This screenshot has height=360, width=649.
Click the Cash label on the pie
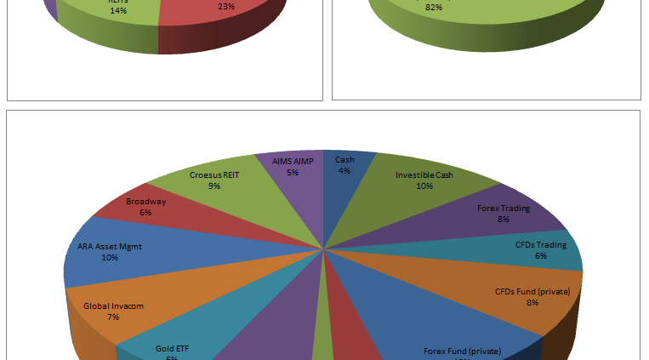344,159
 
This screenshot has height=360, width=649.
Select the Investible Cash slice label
424,175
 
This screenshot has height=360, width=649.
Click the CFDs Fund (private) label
533,291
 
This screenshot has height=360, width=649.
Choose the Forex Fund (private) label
463,351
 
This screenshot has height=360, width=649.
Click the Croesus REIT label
214,174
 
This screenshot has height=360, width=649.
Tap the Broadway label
145,202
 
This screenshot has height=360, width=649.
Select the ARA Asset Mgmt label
110,247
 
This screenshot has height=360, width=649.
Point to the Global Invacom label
113,305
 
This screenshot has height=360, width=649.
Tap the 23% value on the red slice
226,6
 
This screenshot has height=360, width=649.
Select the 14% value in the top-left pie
117,11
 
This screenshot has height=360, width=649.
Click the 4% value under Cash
344,170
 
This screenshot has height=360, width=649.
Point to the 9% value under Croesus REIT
214,186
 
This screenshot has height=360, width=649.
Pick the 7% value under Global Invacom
113,317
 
